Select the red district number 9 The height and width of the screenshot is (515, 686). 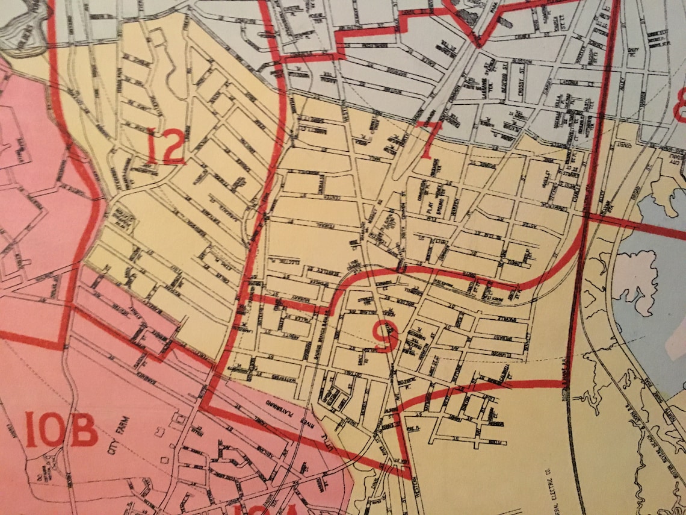[386, 337]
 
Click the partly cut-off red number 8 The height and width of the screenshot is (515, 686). [679, 104]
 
